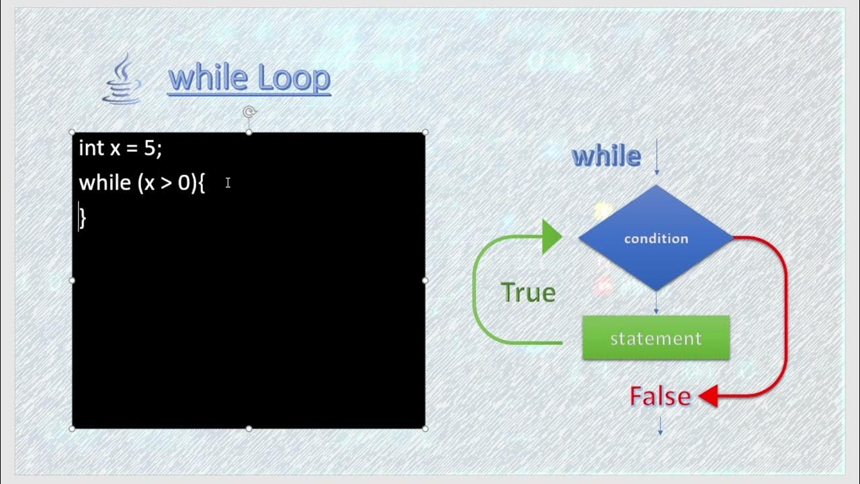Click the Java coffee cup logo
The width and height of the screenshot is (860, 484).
click(x=122, y=80)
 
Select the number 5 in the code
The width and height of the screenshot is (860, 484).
click(x=150, y=148)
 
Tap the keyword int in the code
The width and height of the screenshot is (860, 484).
click(x=91, y=148)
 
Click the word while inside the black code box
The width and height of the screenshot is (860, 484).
click(x=105, y=183)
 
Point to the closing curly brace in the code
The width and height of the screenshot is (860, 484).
click(x=83, y=217)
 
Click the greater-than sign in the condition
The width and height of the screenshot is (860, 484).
click(x=166, y=184)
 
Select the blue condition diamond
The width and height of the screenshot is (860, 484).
click(x=656, y=238)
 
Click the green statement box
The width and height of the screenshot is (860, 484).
click(x=656, y=338)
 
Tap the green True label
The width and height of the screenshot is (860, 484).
click(x=528, y=293)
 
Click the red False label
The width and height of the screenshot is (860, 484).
click(x=660, y=397)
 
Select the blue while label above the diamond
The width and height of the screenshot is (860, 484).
click(x=606, y=157)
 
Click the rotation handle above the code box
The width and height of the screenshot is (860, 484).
click(x=249, y=112)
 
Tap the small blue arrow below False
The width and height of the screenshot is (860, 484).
click(x=660, y=426)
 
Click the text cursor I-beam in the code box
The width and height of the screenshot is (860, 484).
click(x=228, y=183)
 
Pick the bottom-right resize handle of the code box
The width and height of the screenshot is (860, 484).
click(x=425, y=428)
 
